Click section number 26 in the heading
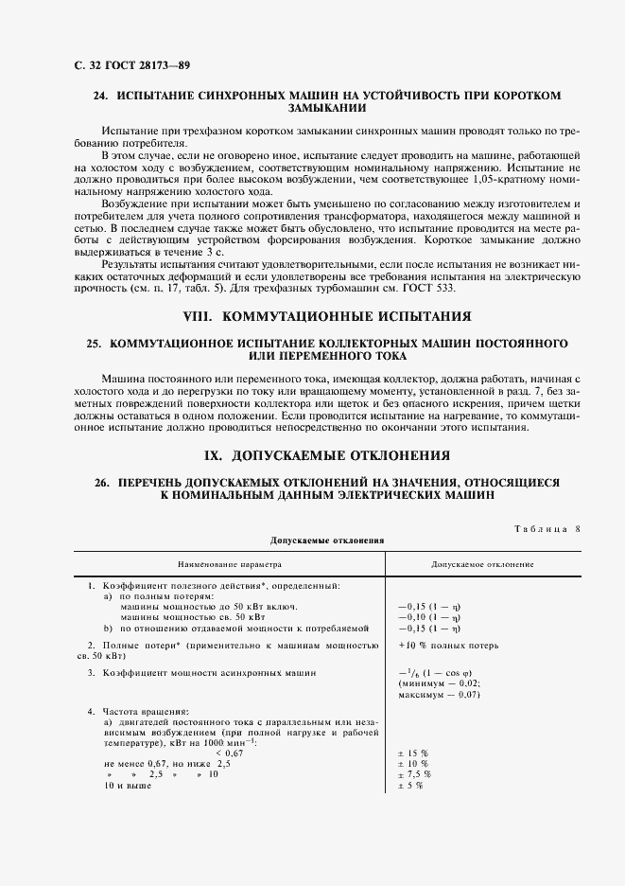click(x=100, y=482)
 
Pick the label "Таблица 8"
click(x=547, y=528)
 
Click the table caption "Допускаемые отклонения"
click(x=326, y=540)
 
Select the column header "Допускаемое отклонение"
click(x=482, y=564)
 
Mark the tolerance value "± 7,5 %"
click(x=416, y=773)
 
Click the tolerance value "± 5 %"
click(x=411, y=785)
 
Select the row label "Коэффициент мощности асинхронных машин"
click(x=209, y=672)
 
